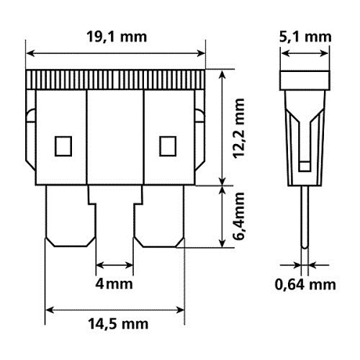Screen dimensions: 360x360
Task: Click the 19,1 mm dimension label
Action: [117, 37]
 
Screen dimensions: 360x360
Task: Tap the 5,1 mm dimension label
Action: [305, 37]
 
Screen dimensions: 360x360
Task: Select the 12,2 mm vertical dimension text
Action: [239, 128]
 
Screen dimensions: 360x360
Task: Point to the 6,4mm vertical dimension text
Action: [239, 216]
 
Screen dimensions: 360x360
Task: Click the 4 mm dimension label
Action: [114, 284]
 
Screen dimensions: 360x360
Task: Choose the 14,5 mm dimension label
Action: [118, 324]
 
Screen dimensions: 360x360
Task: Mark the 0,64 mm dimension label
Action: [305, 285]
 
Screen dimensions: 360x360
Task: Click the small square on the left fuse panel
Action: [63, 146]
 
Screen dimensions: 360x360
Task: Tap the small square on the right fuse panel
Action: [168, 146]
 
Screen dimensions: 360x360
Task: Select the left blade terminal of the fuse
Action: [71, 216]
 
